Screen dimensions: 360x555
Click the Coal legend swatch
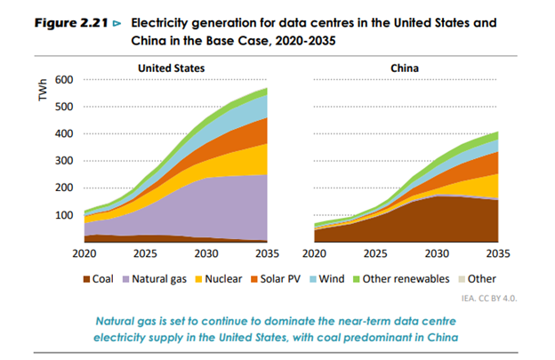(86, 278)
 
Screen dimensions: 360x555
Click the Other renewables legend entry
(405, 278)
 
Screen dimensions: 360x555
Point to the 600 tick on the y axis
(63, 80)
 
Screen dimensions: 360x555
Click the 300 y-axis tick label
(63, 161)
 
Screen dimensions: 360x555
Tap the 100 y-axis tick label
(63, 215)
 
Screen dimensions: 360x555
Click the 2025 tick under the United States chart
(144, 252)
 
